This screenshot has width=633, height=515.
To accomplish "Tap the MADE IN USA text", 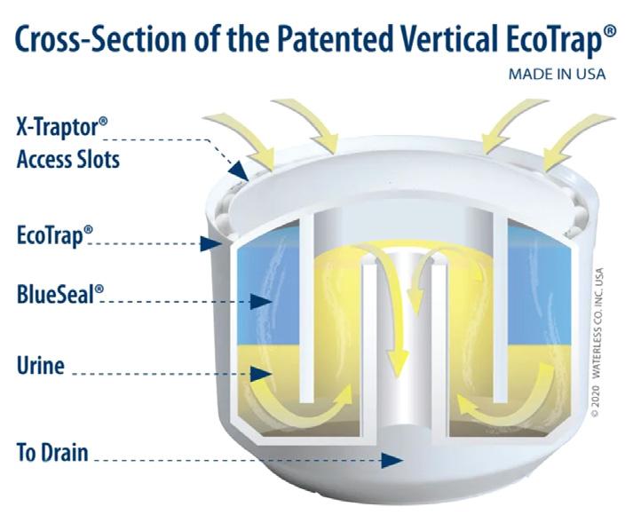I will pyautogui.click(x=557, y=75).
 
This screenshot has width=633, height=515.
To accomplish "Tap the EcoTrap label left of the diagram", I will pyautogui.click(x=54, y=237).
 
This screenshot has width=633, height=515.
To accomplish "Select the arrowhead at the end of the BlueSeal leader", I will pyautogui.click(x=262, y=302).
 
